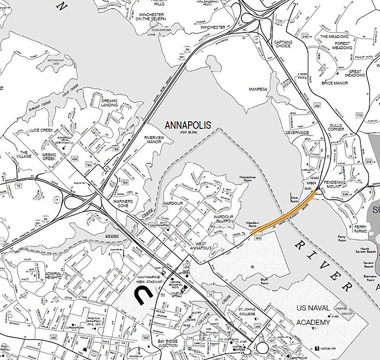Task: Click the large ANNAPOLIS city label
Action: (188, 126)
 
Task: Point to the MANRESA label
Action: (258, 89)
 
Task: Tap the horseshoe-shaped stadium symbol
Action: (143, 297)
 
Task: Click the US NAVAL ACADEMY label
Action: (313, 315)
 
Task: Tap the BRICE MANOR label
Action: (334, 83)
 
